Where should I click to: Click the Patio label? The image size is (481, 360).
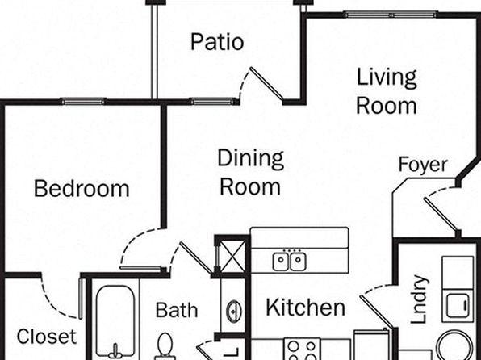point(217,42)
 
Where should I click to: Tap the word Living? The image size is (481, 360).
point(387,78)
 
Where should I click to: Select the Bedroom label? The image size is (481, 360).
point(82,188)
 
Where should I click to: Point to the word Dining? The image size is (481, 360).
point(250,159)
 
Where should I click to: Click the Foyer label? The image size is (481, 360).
point(423,165)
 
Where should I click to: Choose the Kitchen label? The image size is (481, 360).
point(306,308)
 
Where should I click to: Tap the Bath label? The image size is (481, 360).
point(177,310)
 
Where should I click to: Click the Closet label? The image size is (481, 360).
point(46,337)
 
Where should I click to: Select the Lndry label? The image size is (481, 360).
point(419,299)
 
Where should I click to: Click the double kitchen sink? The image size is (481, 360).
point(289,261)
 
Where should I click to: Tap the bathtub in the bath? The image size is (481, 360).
point(115,322)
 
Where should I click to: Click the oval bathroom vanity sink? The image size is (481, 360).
point(234,312)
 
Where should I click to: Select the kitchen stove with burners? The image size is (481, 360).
point(302,350)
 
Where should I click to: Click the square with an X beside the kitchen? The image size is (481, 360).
point(232,257)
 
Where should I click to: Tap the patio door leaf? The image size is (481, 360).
point(266,84)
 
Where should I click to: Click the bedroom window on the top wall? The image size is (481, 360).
point(83,101)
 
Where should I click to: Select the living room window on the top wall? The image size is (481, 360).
point(391,14)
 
